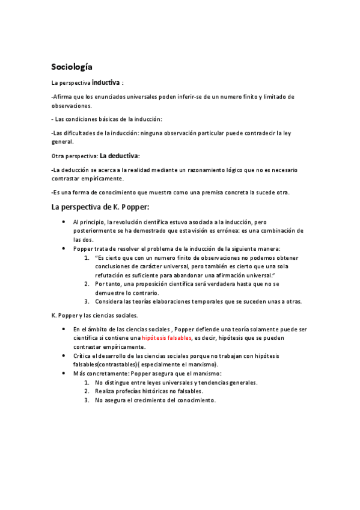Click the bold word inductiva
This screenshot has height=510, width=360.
click(x=105, y=82)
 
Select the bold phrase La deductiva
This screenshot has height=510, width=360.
click(x=118, y=155)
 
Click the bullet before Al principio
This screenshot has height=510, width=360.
click(x=64, y=222)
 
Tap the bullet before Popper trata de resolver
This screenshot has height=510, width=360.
click(x=64, y=248)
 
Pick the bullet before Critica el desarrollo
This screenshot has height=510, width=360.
click(x=64, y=356)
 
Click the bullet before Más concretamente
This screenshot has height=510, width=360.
click(x=64, y=373)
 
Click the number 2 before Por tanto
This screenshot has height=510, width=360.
click(x=87, y=284)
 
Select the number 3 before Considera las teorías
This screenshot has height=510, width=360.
click(x=87, y=301)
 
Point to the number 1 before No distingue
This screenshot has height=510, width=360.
click(x=87, y=382)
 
